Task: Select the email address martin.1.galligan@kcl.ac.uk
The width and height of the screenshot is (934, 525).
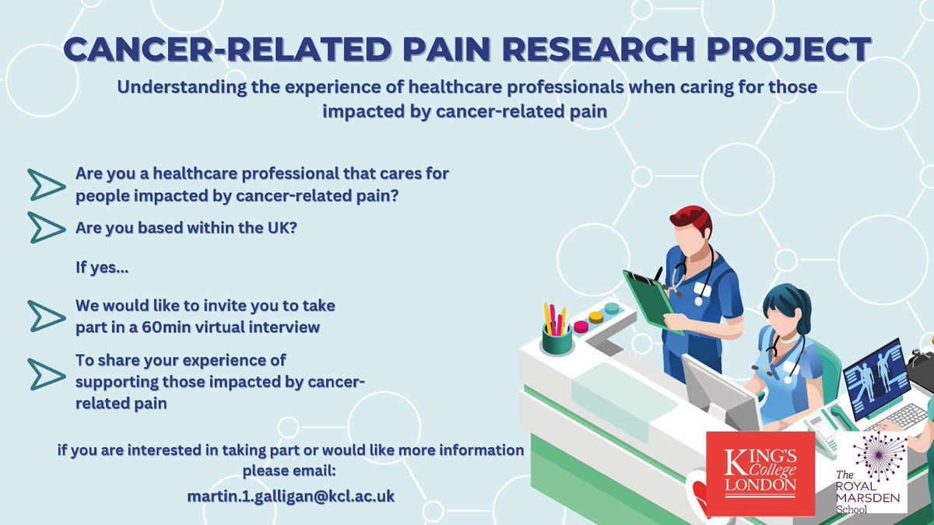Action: point(290,495)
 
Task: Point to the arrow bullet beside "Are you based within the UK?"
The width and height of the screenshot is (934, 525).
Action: point(46,227)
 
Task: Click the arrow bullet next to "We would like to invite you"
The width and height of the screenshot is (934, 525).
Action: point(46,315)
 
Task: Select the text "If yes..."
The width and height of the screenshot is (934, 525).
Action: point(102,270)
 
